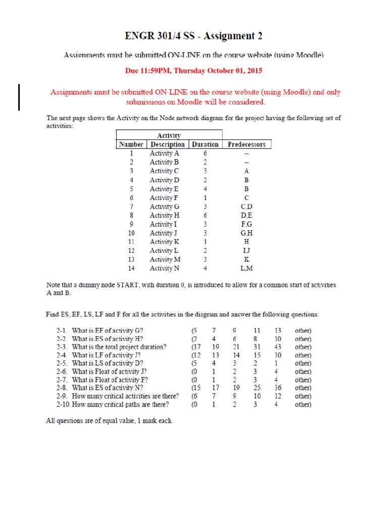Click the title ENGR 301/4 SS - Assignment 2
[x=193, y=36]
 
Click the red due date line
[x=193, y=71]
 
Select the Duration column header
[x=205, y=144]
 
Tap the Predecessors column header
[x=247, y=144]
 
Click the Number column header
[x=131, y=144]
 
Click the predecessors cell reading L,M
[x=247, y=268]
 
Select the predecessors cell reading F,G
[x=247, y=224]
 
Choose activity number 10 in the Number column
[x=131, y=233]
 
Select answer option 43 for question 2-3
[x=277, y=346]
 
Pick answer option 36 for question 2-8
[x=277, y=388]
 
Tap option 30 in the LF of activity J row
[x=277, y=355]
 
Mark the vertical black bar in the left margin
[x=19, y=97]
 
